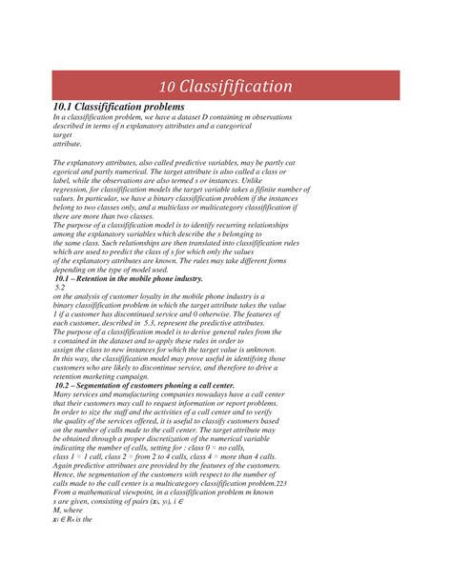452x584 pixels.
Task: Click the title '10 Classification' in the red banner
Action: [x=225, y=87]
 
